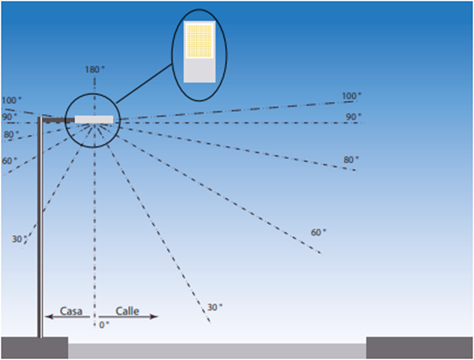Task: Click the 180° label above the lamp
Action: pos(95,70)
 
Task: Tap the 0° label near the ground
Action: pos(104,325)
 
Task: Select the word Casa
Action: pos(71,311)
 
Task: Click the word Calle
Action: pos(127,311)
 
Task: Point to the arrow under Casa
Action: pos(67,316)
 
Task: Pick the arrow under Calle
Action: pos(128,316)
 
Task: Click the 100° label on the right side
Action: pos(351,96)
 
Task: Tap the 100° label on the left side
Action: pos(11,100)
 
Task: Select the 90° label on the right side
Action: pos(354,117)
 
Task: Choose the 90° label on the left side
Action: pos(10,117)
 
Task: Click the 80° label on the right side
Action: pos(351,160)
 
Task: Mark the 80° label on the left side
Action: pos(11,134)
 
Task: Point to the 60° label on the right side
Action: pos(318,233)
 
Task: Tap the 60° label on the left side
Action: pos(10,161)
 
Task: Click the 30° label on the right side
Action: pos(214,308)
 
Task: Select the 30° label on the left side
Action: pos(19,240)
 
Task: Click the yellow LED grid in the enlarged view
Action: pos(200,41)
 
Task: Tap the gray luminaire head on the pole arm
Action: pos(94,119)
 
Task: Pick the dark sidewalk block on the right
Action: pos(420,348)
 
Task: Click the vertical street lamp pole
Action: pos(40,227)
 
